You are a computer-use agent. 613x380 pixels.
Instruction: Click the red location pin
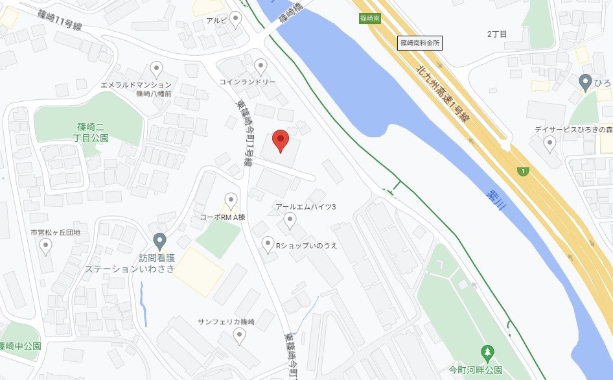280,139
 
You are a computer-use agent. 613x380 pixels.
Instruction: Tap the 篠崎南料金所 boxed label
419,43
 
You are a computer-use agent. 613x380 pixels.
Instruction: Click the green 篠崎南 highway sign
369,18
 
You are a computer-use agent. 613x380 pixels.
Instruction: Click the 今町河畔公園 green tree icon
486,353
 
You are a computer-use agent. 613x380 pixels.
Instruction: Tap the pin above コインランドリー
260,66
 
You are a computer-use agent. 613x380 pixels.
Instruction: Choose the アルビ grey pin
235,19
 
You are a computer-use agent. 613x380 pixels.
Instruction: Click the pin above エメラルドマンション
156,69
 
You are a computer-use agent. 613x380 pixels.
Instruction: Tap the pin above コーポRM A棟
231,201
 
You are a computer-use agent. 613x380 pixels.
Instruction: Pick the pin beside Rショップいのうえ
267,244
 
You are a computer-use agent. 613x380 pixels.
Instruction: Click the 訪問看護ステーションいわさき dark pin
159,242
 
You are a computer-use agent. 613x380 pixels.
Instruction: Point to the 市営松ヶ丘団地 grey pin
45,246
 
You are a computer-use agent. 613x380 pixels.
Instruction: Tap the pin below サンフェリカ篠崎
239,336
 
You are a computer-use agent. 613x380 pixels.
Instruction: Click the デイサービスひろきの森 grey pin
549,143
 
